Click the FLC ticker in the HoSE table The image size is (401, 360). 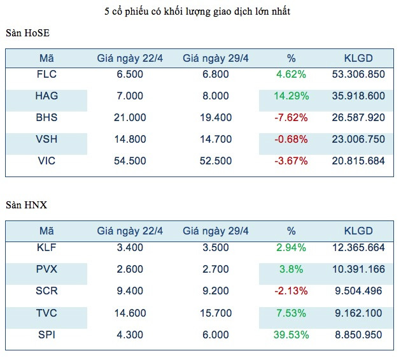(x=46, y=75)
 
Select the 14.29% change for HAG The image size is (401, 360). (x=292, y=96)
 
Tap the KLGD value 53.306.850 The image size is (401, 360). (x=358, y=75)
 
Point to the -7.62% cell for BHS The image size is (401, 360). (x=292, y=118)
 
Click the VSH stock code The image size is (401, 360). (x=46, y=140)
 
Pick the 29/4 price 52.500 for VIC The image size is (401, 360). (x=215, y=161)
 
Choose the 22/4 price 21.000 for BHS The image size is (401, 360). (x=129, y=118)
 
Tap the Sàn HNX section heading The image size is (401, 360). (x=26, y=205)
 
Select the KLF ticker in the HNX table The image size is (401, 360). (x=46, y=248)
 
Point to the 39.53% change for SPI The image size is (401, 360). (x=292, y=335)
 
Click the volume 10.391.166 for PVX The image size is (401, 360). (x=358, y=270)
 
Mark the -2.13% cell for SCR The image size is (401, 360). (x=292, y=291)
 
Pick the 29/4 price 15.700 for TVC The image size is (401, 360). (x=215, y=313)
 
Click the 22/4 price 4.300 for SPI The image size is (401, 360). (x=129, y=335)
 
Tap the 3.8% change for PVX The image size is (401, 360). (x=292, y=270)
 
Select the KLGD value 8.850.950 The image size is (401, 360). (x=358, y=335)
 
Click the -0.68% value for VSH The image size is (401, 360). (x=292, y=140)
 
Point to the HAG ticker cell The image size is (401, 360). (x=46, y=96)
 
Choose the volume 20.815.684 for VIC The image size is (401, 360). (x=358, y=161)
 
